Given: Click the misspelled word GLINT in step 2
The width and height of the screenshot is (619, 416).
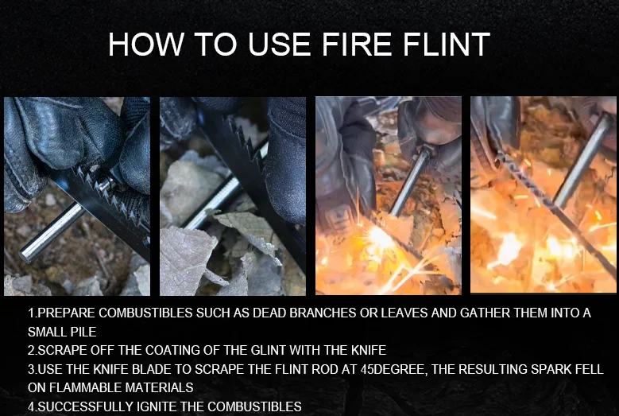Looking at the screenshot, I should tap(225, 350).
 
